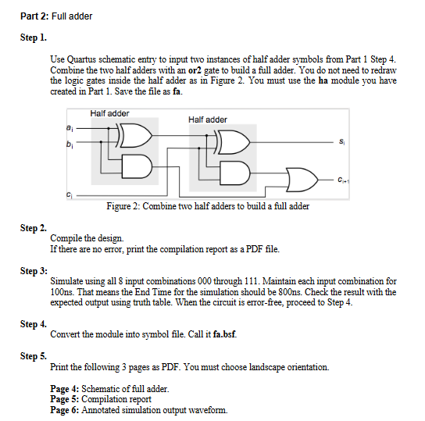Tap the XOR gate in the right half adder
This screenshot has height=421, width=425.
coord(232,142)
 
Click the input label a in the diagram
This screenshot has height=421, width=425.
coord(70,128)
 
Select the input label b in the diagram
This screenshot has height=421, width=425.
coord(70,144)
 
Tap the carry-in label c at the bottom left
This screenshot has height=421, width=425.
coord(70,194)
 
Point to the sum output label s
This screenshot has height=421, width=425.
coord(341,141)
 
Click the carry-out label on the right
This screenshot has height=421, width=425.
coord(344,180)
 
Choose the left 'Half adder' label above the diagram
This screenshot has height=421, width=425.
coord(109,113)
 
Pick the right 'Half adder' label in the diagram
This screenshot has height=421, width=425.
coord(208,120)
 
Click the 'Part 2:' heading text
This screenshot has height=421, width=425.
coord(34,16)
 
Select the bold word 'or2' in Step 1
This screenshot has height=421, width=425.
coord(195,70)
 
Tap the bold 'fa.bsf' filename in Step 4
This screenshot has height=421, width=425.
coord(225,334)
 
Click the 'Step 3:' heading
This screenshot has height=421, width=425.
coord(34,270)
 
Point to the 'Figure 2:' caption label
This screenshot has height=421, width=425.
coord(123,206)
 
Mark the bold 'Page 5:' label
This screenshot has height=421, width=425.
coord(65,399)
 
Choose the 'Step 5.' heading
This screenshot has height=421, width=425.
coord(34,355)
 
